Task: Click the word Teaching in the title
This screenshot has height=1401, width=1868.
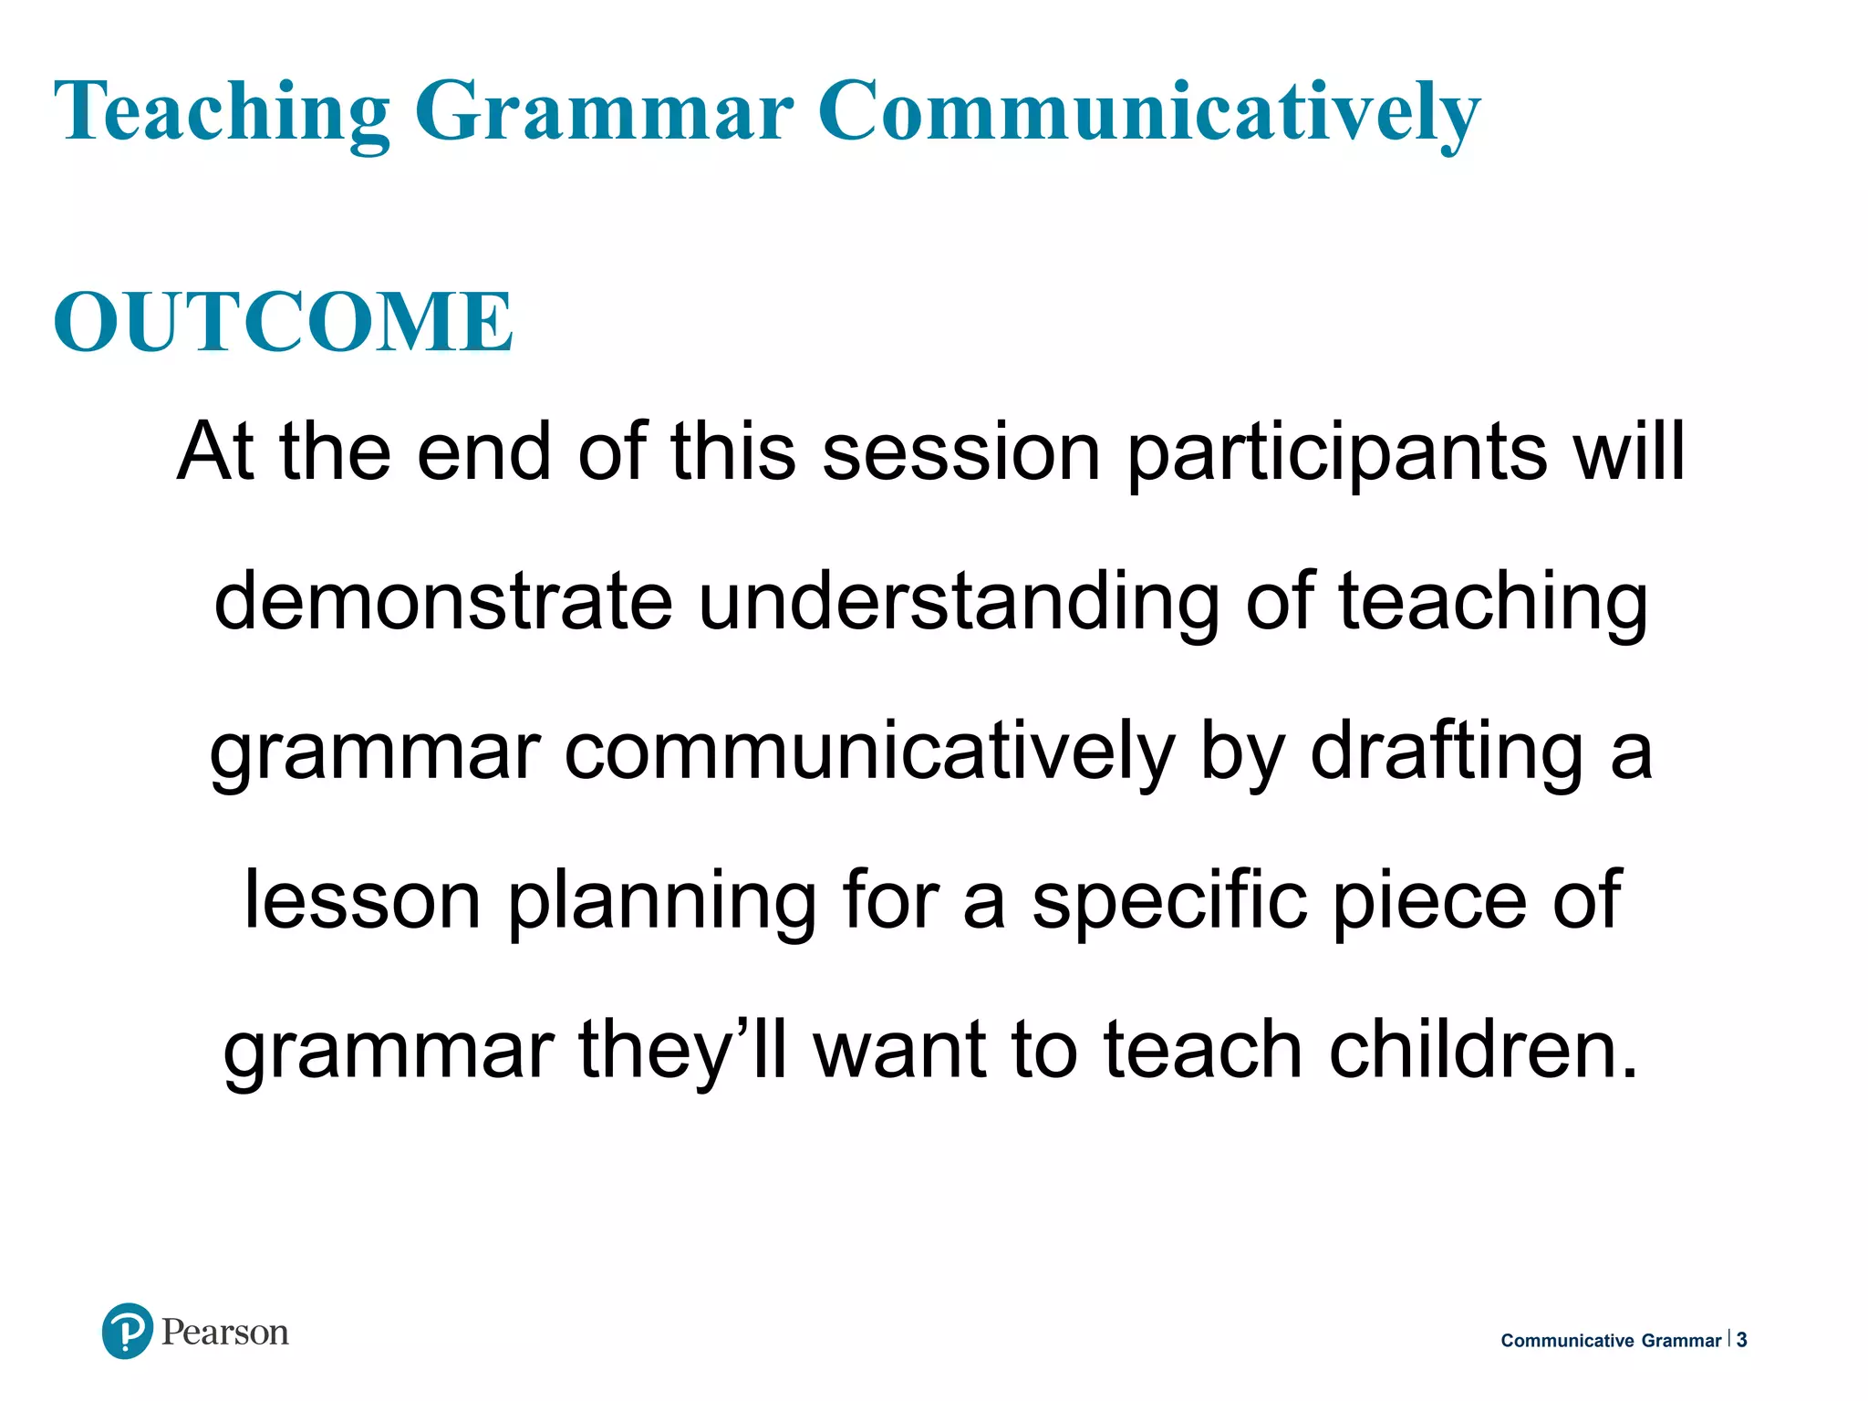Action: click(x=223, y=111)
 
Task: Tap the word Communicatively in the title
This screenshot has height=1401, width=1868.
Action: click(x=1148, y=111)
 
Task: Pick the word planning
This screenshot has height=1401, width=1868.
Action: click(x=662, y=903)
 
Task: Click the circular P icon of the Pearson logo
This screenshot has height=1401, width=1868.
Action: click(x=127, y=1331)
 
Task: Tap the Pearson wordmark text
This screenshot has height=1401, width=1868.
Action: click(x=224, y=1333)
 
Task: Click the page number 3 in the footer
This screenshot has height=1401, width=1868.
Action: click(x=1741, y=1340)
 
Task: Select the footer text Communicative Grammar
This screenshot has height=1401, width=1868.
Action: click(x=1611, y=1340)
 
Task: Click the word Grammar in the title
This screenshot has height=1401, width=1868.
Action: click(x=604, y=111)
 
